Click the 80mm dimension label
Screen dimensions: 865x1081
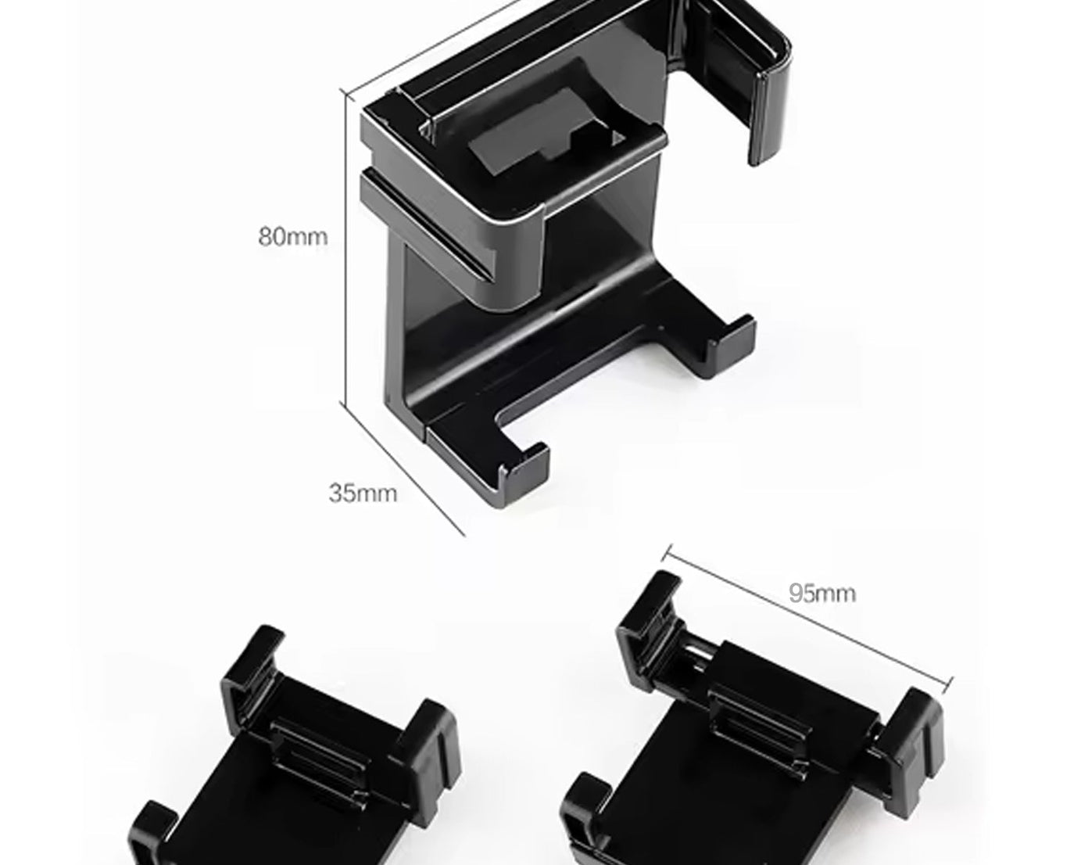click(x=293, y=236)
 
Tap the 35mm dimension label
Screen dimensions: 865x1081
click(x=363, y=494)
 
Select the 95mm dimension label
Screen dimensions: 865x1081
click(x=821, y=593)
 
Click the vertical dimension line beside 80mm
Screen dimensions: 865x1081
click(x=345, y=250)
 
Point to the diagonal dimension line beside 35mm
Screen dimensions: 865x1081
click(x=404, y=470)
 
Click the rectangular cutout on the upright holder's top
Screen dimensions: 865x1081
click(x=547, y=141)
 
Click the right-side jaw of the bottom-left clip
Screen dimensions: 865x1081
click(x=426, y=739)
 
